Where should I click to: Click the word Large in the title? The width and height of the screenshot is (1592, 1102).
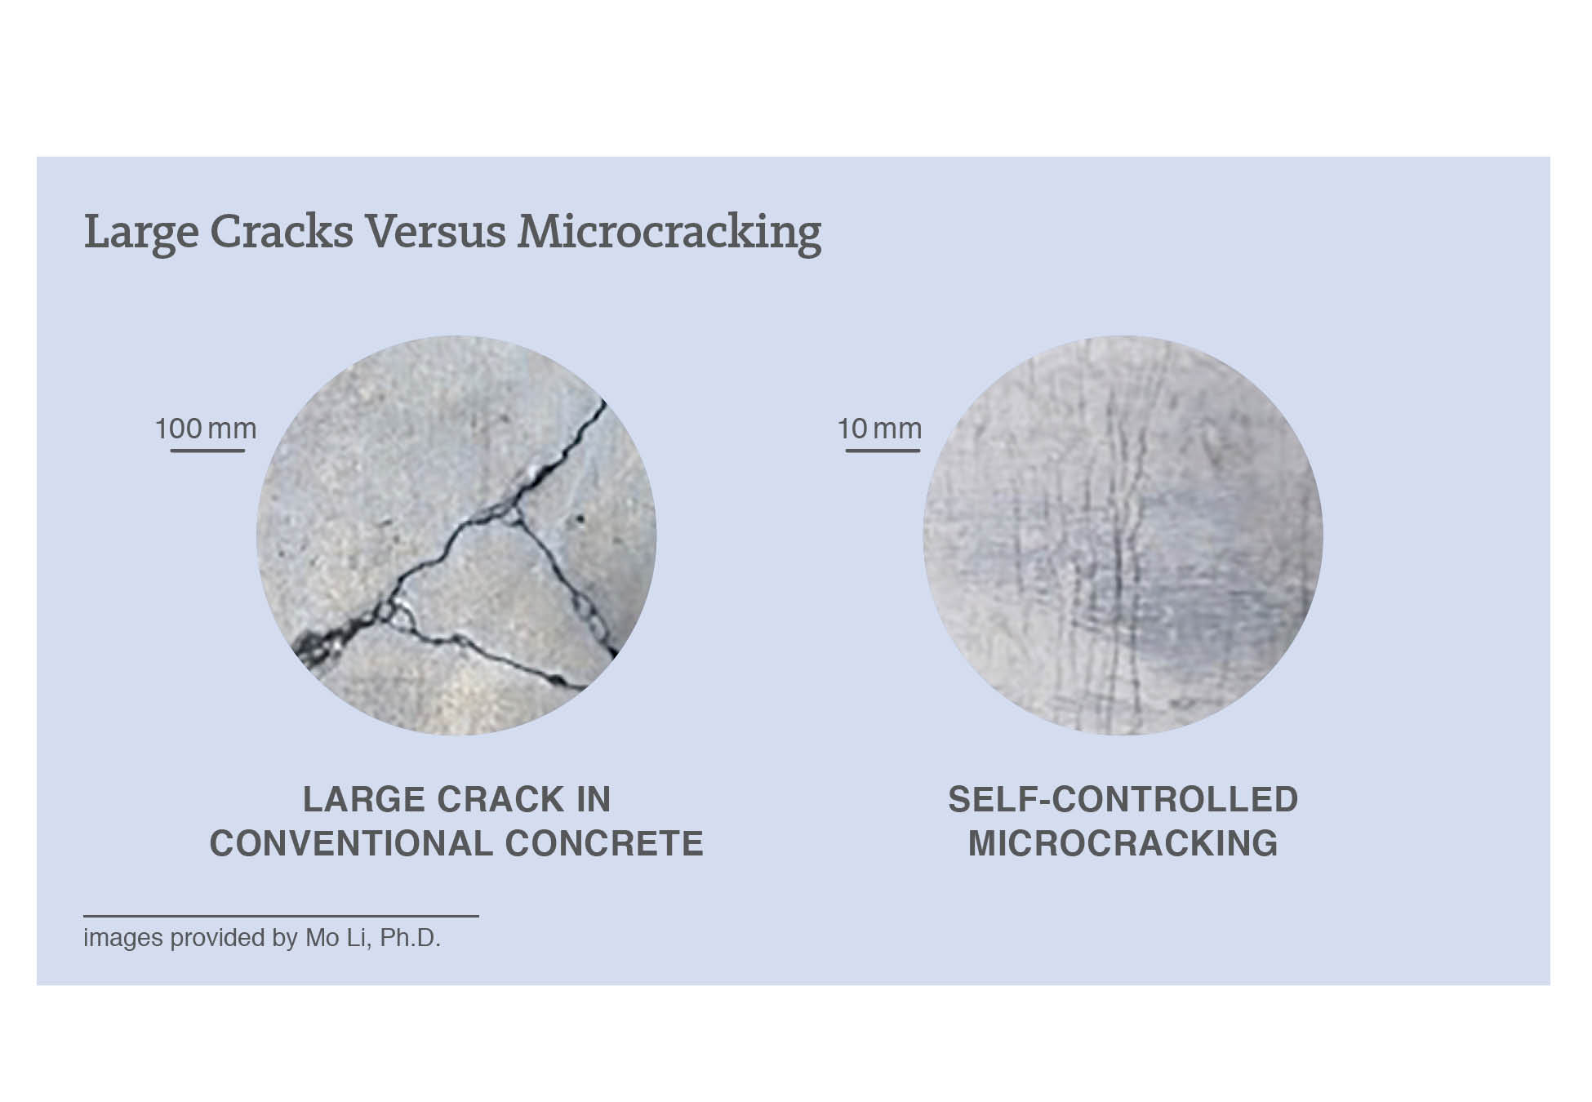140,232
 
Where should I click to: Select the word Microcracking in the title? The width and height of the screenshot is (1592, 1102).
669,232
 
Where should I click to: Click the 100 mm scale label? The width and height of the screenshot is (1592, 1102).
206,429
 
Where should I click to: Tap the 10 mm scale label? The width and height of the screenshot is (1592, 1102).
879,429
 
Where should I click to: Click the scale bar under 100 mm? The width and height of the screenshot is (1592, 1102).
207,450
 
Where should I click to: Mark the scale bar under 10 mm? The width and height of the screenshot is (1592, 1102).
883,450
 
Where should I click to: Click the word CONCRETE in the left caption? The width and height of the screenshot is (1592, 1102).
604,843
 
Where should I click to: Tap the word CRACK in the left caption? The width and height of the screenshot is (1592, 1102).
501,799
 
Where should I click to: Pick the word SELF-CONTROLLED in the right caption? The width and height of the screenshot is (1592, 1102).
1123,799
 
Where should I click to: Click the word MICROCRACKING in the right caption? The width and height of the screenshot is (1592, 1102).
1123,843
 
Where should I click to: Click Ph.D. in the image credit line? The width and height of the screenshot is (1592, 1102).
410,938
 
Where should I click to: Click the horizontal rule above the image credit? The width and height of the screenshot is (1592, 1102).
281,916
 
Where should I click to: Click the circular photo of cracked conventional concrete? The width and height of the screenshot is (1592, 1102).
456,535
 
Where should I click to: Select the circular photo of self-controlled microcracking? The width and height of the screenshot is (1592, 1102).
1123,535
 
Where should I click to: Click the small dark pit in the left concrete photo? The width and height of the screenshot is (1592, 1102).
580,518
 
